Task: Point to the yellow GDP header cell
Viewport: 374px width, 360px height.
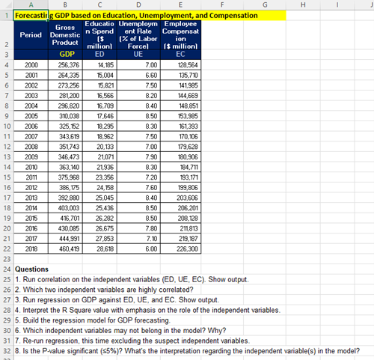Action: click(x=66, y=54)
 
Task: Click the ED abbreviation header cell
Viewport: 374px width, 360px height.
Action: click(x=102, y=54)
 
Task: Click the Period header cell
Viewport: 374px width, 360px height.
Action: click(x=31, y=36)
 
